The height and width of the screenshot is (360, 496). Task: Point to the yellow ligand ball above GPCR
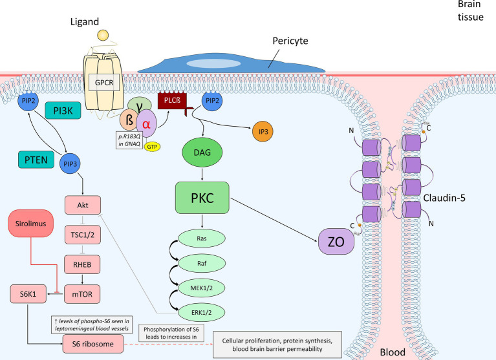pyautogui.click(x=102, y=34)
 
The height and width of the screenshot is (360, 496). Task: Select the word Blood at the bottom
pyautogui.click(x=392, y=353)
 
